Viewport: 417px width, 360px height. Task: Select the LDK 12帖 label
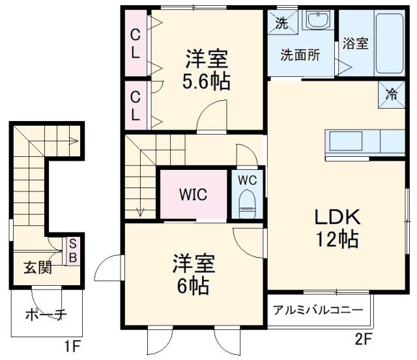tap(337, 227)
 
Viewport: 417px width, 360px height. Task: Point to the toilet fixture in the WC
tap(247, 204)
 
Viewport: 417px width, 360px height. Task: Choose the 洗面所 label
tap(300, 55)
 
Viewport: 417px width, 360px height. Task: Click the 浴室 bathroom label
tap(356, 44)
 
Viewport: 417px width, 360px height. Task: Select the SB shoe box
tap(73, 250)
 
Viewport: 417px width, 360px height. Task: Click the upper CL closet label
tap(135, 44)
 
